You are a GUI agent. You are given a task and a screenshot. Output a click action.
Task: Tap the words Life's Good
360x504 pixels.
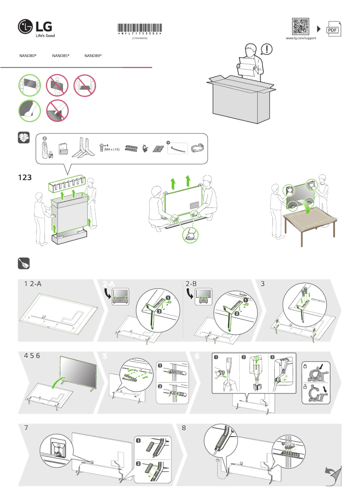pos(45,35)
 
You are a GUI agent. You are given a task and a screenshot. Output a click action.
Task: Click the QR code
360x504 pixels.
pos(301,27)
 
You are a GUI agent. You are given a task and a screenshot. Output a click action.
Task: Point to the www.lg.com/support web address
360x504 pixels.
pos(301,39)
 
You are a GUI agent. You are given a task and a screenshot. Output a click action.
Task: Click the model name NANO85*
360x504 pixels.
pos(61,56)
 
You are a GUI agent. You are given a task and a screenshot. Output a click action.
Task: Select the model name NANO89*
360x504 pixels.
pos(93,56)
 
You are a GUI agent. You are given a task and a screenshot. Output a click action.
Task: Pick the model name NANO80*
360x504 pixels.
pos(28,56)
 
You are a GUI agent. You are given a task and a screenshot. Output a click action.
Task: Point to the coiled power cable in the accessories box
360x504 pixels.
pos(198,147)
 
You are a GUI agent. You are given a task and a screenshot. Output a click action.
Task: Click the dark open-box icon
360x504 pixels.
pos(24,138)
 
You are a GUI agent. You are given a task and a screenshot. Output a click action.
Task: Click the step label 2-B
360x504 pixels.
pos(191,284)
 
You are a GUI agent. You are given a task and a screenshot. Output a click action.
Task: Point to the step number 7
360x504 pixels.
pos(26,428)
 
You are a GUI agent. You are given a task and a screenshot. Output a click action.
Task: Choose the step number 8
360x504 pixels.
pos(184,428)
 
